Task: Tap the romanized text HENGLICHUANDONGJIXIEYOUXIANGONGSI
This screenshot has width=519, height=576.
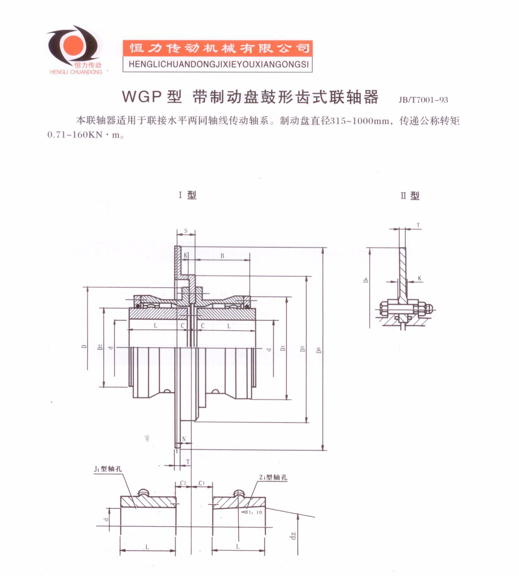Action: pos(218,65)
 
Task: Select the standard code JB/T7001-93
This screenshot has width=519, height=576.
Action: pos(423,100)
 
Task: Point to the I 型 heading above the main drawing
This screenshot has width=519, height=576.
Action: pos(188,195)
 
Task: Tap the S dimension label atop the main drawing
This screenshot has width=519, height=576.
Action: pos(186,231)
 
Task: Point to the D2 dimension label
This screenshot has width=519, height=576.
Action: pos(100,347)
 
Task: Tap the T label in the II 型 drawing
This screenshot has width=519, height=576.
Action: pos(418,226)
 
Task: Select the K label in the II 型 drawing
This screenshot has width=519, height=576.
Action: pos(420,278)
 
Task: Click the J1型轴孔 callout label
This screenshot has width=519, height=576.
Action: pos(108,469)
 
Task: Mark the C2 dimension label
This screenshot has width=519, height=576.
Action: pos(183,483)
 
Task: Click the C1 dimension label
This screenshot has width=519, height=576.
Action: pos(202,483)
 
